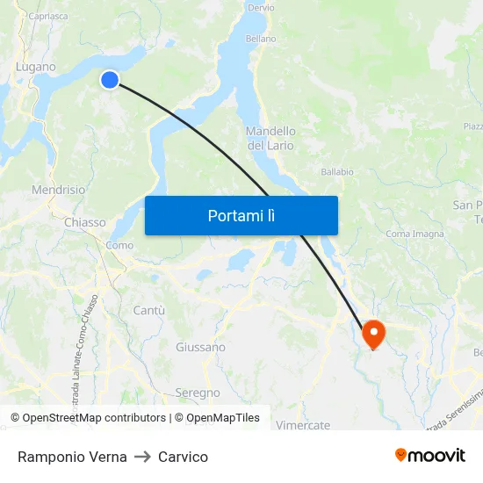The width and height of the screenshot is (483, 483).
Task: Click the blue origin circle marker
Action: coord(110,80)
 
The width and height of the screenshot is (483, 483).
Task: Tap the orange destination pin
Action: coord(373,333)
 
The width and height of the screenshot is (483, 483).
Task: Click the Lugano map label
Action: coord(36,67)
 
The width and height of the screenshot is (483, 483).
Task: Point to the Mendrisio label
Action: coord(59,190)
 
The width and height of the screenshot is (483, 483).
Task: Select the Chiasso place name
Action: coord(85,223)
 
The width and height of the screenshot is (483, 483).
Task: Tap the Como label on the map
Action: coord(119,246)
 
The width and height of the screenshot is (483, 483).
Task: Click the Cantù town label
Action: coord(148,310)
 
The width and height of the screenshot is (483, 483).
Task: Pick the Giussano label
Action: coord(200,348)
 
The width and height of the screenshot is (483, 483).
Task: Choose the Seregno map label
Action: coord(198,393)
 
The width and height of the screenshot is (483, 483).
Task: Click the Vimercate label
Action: coord(303,425)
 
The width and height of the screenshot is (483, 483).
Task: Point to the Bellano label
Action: coord(261,39)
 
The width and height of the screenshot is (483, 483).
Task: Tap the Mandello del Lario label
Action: coord(270,138)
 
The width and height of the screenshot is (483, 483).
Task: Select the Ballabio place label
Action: coord(337,172)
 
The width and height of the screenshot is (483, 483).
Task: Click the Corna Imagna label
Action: coord(415,234)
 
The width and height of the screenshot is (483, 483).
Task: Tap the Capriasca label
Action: coord(48,16)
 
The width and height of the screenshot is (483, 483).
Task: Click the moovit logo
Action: coord(430,456)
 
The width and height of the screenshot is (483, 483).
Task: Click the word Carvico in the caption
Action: coord(184,457)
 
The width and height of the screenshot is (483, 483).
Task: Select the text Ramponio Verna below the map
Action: coord(72,457)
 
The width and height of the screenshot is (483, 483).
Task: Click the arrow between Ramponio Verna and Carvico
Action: coord(143,457)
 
